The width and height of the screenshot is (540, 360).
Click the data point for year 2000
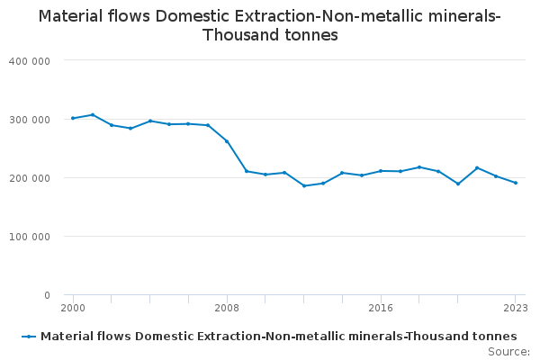73,118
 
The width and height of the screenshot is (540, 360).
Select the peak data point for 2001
92,114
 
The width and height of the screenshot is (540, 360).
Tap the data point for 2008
227,141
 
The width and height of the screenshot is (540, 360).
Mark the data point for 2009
247,171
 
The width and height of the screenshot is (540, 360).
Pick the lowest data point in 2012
304,185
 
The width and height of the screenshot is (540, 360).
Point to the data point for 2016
381,171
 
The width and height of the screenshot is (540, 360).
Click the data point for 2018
419,166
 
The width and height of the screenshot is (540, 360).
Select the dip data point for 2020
458,184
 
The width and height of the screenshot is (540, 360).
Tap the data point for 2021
477,167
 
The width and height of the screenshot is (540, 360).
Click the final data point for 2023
516,183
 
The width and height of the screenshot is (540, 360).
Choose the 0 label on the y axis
47,295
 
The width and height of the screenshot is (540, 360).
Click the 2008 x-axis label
227,308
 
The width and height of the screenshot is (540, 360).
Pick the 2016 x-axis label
381,308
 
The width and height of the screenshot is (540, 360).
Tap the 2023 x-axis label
516,308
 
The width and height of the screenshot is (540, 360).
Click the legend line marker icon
30,336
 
